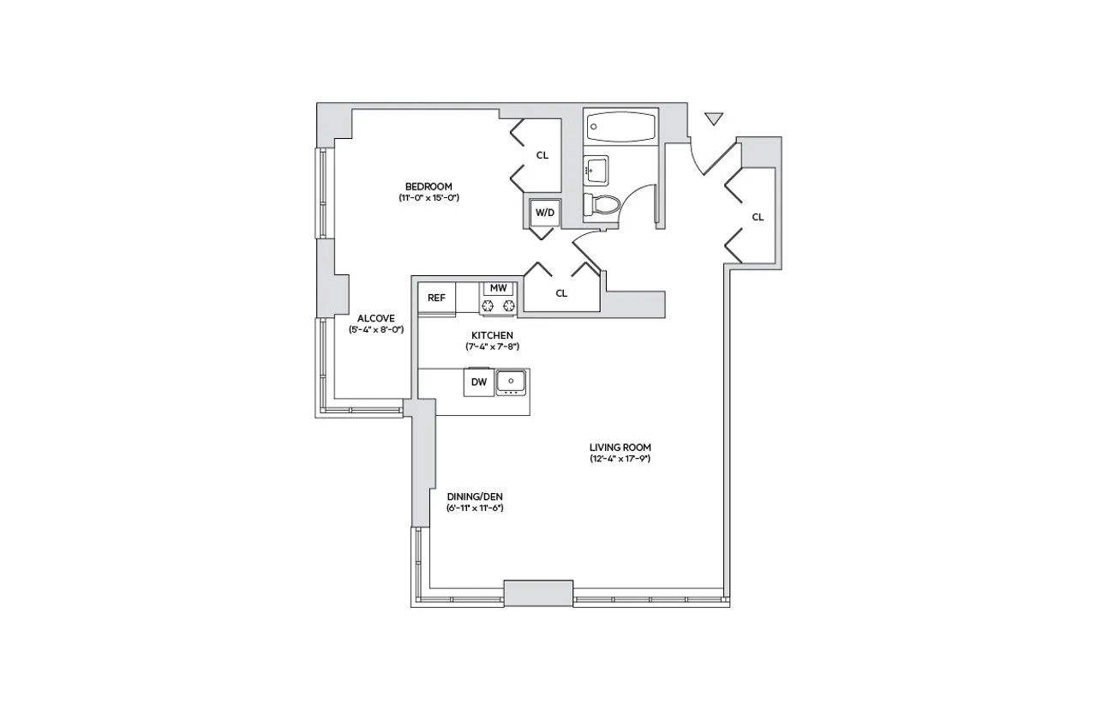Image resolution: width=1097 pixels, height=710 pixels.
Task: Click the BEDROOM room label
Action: click(x=428, y=186)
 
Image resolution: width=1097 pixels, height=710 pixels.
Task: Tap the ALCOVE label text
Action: click(x=376, y=318)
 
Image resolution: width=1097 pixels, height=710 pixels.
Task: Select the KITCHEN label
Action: click(x=493, y=334)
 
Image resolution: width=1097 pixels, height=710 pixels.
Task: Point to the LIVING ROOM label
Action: click(x=620, y=447)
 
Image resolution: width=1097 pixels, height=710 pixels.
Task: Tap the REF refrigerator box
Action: click(x=436, y=298)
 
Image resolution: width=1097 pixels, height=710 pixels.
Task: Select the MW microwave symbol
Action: click(x=499, y=288)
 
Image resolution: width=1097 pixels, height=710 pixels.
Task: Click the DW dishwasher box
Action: click(x=478, y=382)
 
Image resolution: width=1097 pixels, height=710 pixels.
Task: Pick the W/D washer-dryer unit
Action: click(x=544, y=212)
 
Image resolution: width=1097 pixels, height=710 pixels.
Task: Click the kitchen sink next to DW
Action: click(x=512, y=381)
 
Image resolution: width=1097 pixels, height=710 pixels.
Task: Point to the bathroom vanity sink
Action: click(x=595, y=170)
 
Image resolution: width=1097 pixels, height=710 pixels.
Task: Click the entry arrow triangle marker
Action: click(x=714, y=118)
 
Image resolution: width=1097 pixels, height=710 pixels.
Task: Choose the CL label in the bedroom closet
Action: click(x=542, y=155)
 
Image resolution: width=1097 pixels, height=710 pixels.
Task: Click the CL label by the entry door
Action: click(x=758, y=217)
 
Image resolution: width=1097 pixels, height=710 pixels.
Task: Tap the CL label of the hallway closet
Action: click(x=561, y=293)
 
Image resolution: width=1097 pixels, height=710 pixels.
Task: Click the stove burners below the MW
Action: click(x=499, y=305)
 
